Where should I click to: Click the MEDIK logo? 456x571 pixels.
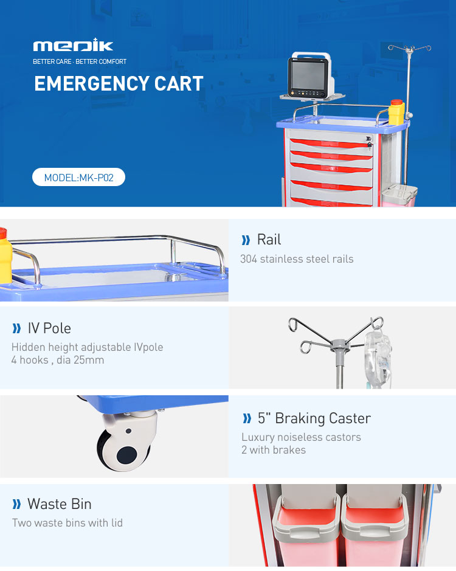click(73, 46)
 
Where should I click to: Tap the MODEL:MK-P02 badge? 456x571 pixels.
click(78, 178)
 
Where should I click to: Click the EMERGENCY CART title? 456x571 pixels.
click(119, 84)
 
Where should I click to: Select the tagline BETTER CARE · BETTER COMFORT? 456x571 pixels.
click(80, 61)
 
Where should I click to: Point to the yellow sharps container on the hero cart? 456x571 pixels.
click(396, 111)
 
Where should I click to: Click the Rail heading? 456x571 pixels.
click(269, 240)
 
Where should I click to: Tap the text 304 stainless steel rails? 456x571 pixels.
click(297, 259)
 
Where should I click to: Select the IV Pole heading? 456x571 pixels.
click(49, 328)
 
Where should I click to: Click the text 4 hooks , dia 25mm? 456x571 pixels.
click(58, 360)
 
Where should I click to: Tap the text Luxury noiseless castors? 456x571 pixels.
click(301, 437)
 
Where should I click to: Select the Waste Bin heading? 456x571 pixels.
click(59, 504)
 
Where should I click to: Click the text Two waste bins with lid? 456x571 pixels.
click(67, 523)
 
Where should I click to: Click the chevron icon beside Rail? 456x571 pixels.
click(246, 240)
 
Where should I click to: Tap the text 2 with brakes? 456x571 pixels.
click(274, 450)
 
